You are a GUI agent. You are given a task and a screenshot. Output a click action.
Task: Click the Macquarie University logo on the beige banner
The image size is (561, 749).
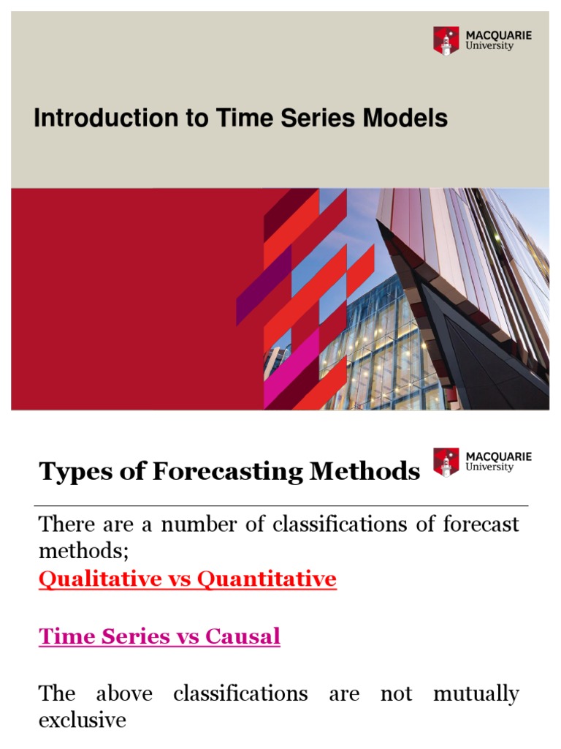(x=483, y=40)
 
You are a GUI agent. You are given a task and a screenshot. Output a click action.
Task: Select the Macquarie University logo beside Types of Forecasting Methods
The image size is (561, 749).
(x=483, y=462)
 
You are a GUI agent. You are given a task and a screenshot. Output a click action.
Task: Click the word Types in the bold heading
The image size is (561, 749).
(x=73, y=473)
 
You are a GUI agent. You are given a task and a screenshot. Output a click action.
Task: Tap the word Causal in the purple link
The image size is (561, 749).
(x=245, y=636)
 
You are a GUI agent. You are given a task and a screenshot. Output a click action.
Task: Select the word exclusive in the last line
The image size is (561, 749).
(x=82, y=720)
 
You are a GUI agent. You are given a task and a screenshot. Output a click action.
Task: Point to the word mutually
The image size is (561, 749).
(x=476, y=693)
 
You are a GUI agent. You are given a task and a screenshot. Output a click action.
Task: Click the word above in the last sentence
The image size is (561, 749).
(x=124, y=693)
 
